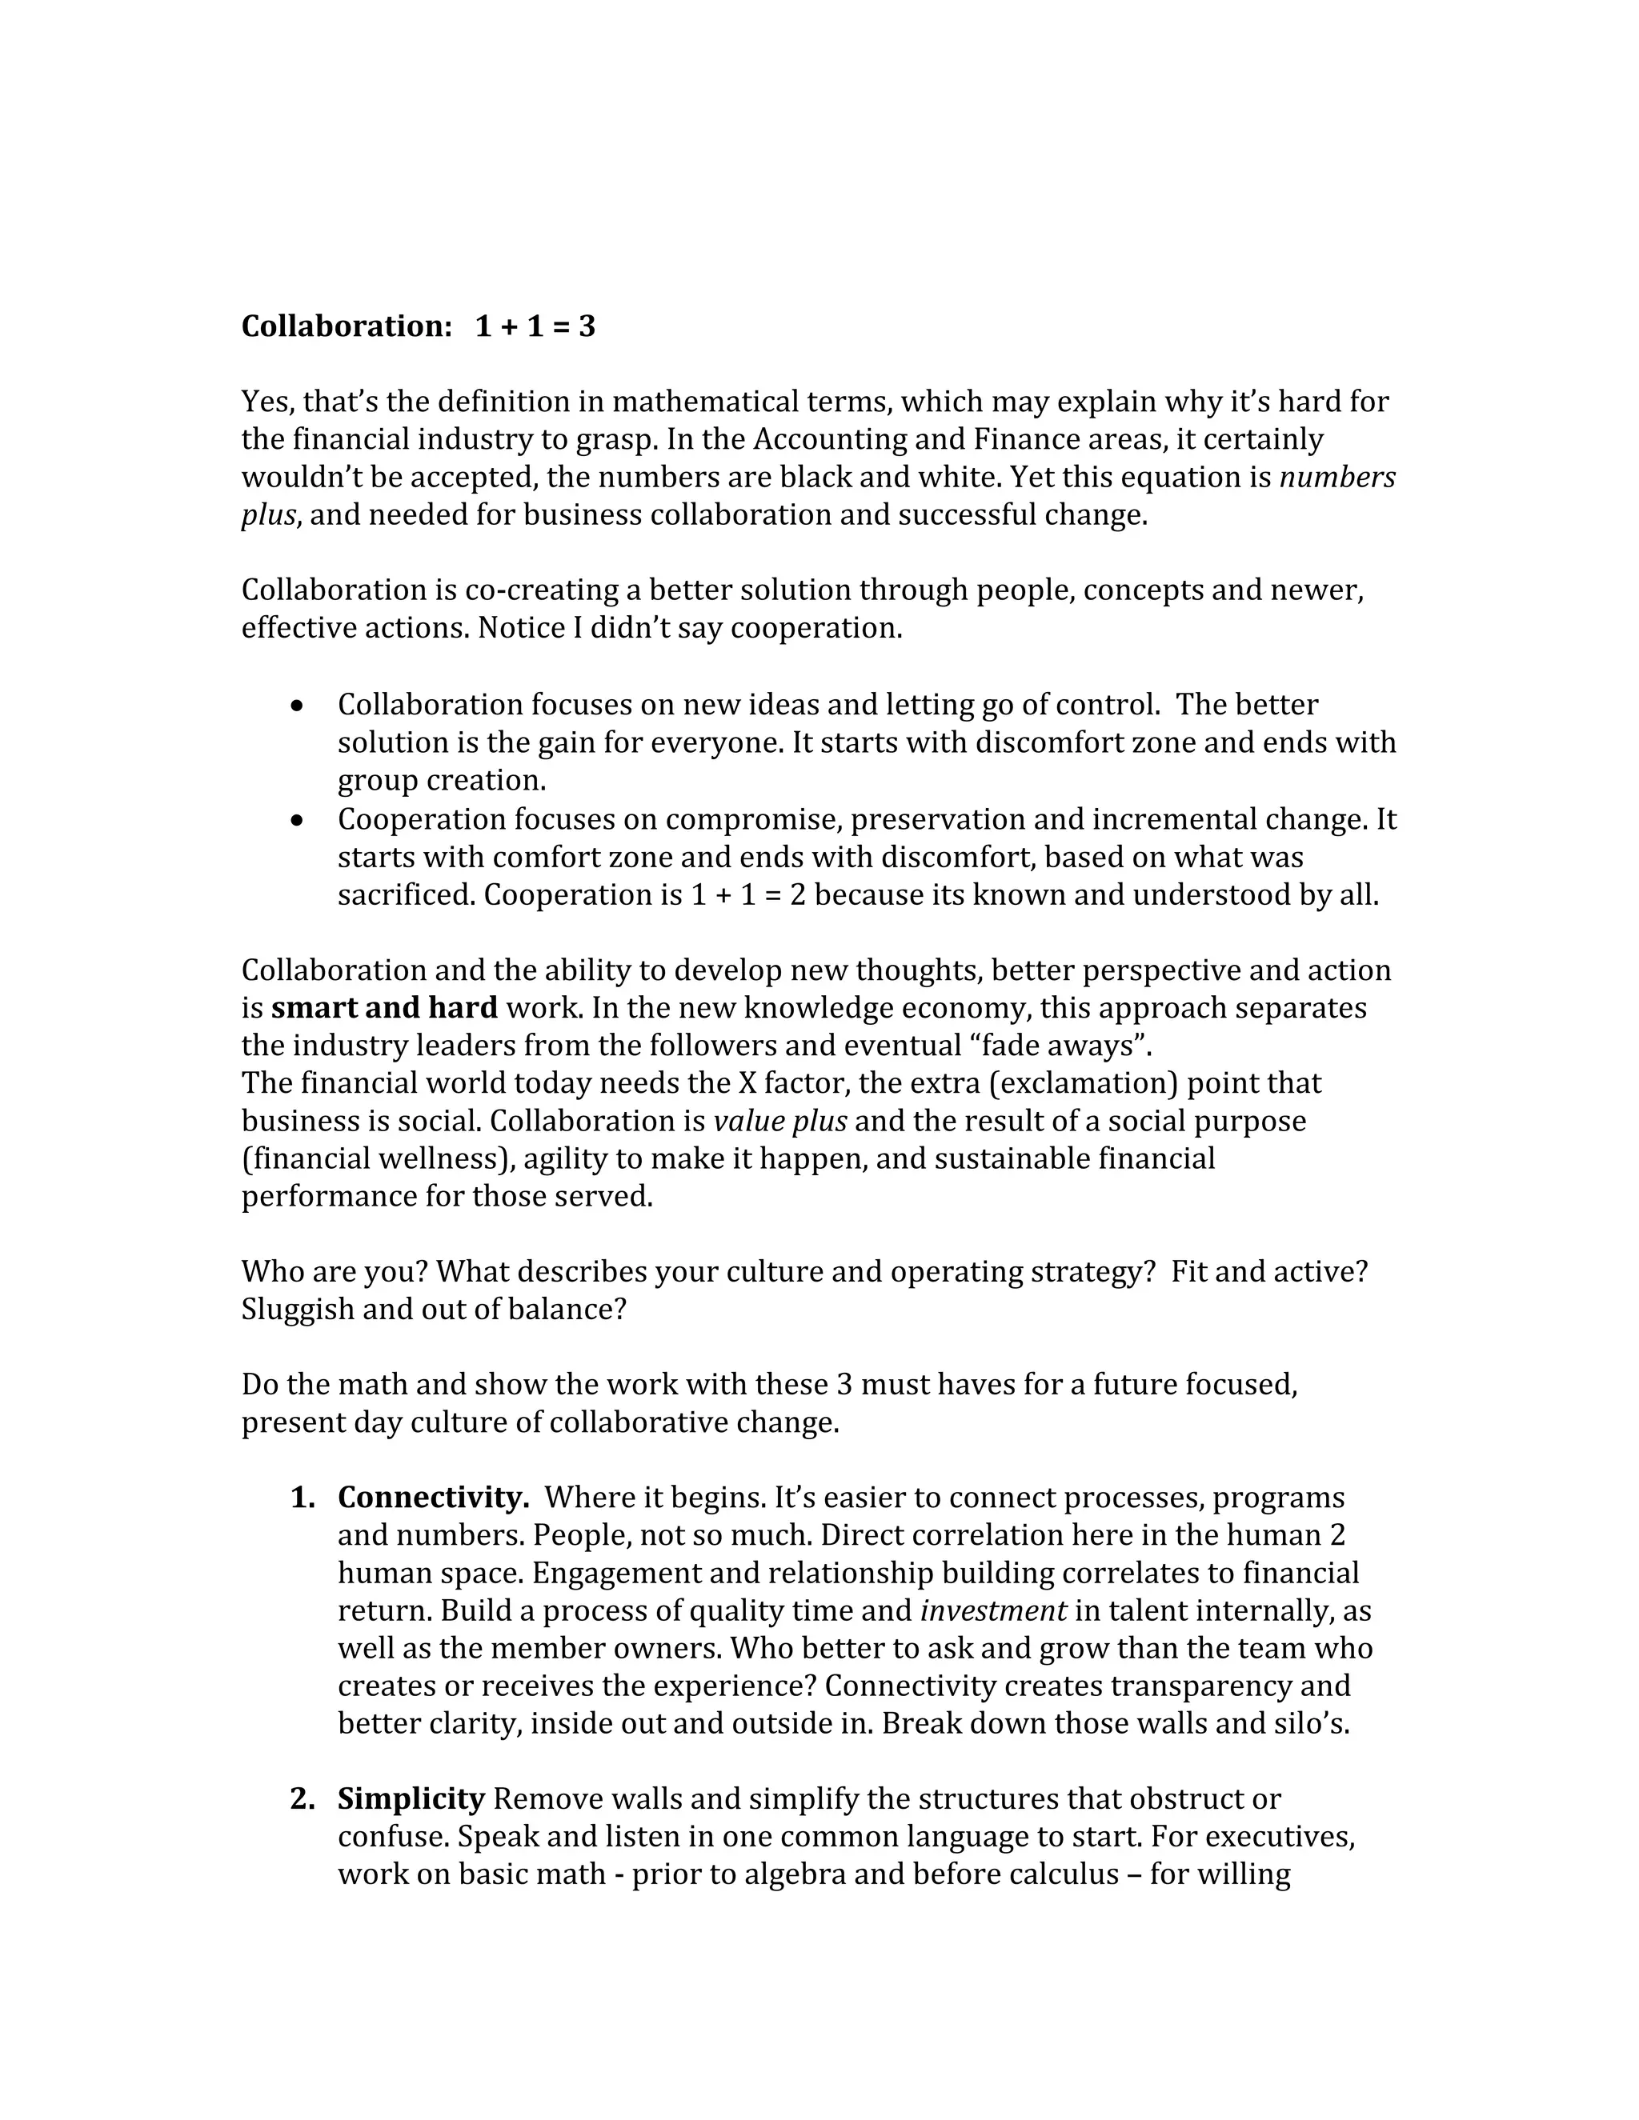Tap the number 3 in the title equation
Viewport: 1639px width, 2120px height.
click(x=587, y=326)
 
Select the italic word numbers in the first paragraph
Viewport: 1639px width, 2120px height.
click(x=1337, y=478)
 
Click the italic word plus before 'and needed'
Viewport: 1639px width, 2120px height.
click(x=268, y=515)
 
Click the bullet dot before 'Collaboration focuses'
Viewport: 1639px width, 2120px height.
click(x=298, y=706)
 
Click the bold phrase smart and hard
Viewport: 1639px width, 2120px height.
click(x=383, y=1009)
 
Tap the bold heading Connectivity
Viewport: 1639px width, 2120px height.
click(x=433, y=1498)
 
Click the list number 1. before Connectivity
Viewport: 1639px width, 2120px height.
click(x=302, y=1498)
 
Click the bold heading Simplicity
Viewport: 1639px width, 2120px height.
click(x=411, y=1800)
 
